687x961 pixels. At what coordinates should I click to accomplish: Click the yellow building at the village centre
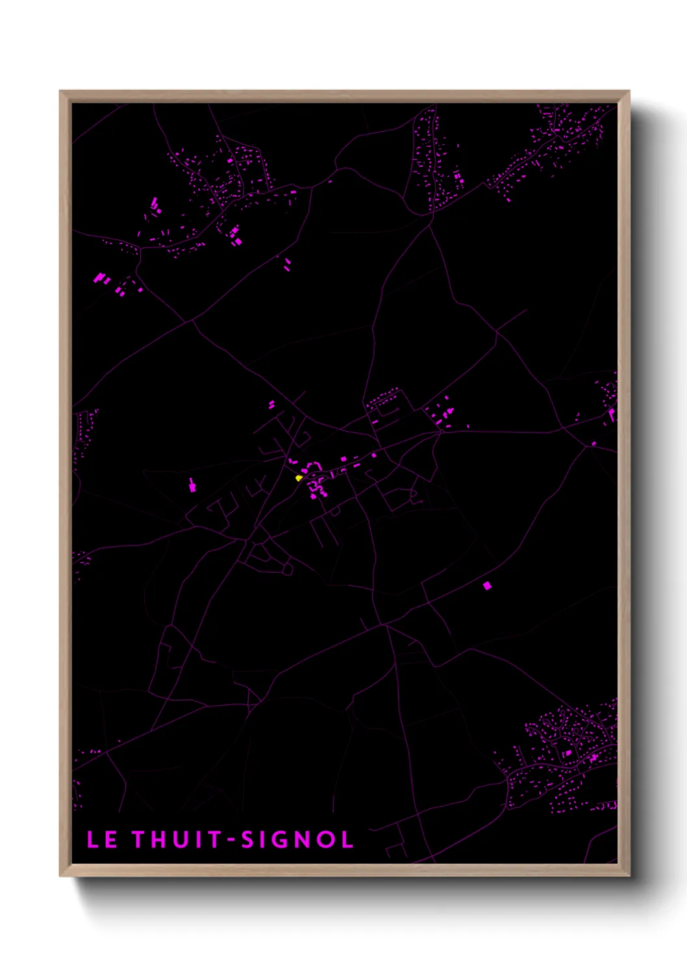pos(299,479)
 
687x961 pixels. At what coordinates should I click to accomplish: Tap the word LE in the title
pos(102,840)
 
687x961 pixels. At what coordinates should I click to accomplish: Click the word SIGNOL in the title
pos(297,840)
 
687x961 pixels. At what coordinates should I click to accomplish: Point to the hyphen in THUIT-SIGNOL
pos(231,840)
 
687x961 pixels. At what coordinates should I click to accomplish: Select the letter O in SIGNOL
pos(324,840)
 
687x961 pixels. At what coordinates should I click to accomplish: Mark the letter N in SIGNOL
pos(302,840)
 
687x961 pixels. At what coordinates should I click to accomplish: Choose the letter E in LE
pos(111,840)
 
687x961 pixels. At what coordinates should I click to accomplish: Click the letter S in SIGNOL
pos(247,840)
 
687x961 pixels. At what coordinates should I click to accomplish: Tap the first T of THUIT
pos(140,840)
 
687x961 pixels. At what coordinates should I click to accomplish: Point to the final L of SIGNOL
pos(347,840)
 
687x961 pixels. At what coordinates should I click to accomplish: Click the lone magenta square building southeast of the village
pos(487,586)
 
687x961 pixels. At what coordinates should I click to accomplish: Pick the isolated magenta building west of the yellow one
pos(192,485)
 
